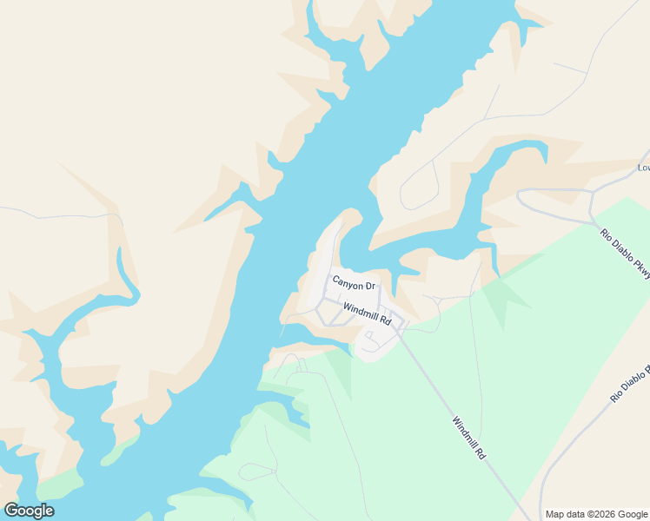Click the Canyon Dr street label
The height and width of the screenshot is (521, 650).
(354, 283)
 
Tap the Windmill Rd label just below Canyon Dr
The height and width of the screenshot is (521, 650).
(368, 314)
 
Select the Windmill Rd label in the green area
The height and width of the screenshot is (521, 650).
(468, 438)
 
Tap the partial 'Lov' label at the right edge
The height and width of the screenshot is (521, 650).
(643, 168)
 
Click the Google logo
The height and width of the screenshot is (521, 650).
(29, 511)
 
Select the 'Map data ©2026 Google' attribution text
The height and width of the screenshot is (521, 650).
(596, 514)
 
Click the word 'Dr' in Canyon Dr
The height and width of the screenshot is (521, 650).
(368, 286)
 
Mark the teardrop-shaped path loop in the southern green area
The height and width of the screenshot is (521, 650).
(256, 472)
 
